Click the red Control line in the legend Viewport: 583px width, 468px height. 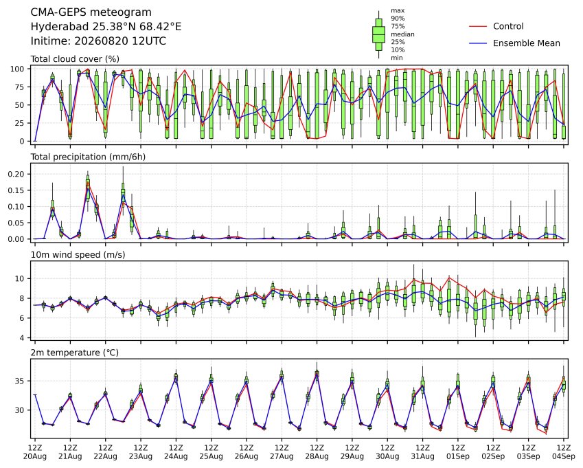point(478,26)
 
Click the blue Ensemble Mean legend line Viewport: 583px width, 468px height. point(478,43)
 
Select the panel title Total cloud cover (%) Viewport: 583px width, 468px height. point(75,59)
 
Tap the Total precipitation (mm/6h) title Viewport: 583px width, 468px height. point(88,157)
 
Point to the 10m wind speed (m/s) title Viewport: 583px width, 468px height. point(78,255)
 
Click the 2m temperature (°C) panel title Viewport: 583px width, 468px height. point(74,353)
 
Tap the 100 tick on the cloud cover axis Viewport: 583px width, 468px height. point(17,69)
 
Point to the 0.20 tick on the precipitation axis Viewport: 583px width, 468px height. point(16,174)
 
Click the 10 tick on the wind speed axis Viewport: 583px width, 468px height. point(20,278)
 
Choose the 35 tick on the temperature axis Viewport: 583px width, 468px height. point(20,381)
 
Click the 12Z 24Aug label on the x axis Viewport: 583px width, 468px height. point(176,452)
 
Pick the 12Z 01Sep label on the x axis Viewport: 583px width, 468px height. point(458,452)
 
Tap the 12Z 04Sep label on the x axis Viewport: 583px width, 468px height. point(564,452)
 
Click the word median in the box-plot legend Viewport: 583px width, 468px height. point(402,34)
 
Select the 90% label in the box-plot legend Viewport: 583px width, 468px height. point(398,19)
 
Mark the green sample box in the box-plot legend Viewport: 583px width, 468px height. point(378,34)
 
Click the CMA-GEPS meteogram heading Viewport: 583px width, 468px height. point(91,12)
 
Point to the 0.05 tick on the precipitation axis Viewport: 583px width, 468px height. point(16,223)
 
